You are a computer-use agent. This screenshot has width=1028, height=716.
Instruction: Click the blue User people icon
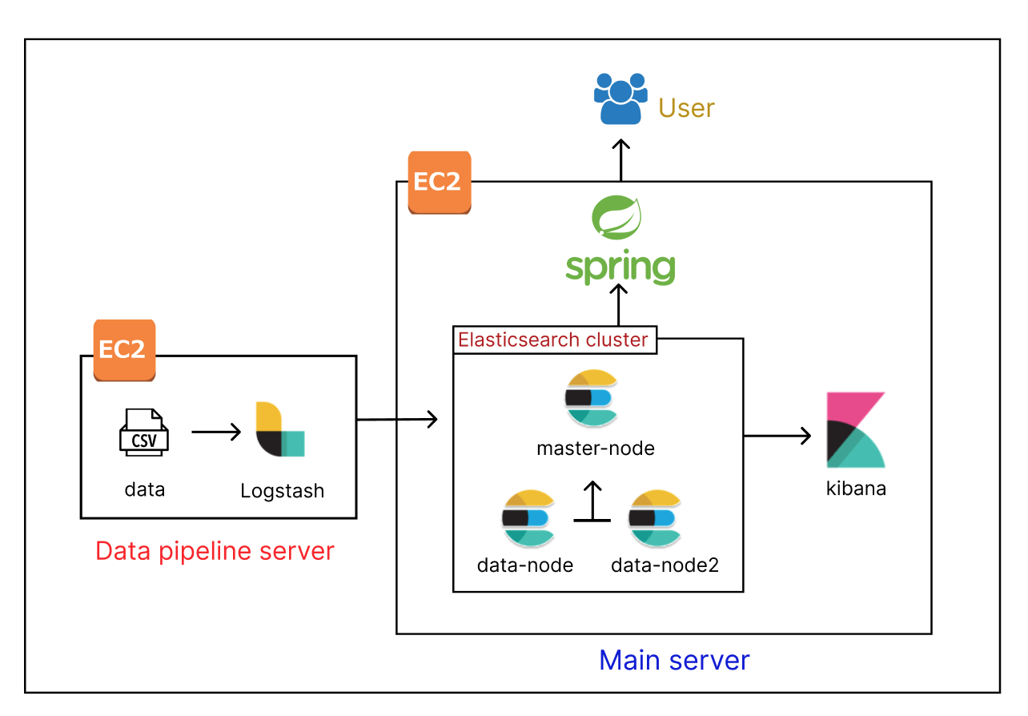(620, 99)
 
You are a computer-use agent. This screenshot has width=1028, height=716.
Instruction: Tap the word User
(686, 108)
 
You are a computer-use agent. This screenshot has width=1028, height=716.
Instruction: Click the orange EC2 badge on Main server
(439, 183)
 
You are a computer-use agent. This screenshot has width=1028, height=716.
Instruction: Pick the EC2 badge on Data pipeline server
(124, 349)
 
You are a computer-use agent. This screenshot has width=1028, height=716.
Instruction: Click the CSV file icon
(144, 432)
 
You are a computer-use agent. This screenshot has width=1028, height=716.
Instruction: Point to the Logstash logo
(280, 430)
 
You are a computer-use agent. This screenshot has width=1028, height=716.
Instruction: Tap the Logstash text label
(283, 491)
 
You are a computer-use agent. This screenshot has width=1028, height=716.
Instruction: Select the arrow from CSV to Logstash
(216, 432)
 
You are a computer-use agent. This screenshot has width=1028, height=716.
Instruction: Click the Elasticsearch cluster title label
(553, 340)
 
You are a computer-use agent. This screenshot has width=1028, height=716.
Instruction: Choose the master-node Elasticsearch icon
(592, 399)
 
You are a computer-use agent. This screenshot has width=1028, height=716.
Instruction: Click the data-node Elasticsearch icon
(528, 517)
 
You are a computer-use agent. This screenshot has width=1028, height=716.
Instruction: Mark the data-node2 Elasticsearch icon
(655, 517)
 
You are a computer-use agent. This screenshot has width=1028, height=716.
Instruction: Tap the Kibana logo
(855, 430)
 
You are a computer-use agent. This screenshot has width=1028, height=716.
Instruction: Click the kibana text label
(856, 489)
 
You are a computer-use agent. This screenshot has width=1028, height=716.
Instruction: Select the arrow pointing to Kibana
(777, 436)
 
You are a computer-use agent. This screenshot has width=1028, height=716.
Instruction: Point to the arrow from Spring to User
(620, 161)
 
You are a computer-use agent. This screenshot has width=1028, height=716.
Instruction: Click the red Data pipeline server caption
(215, 551)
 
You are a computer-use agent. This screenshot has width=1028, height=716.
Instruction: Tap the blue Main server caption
(674, 660)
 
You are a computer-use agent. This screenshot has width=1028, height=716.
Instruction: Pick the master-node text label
(596, 449)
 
